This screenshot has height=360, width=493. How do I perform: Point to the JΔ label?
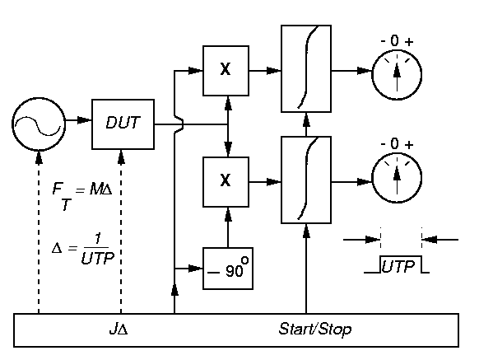pyautogui.click(x=119, y=330)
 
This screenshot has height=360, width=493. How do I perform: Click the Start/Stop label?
pyautogui.click(x=315, y=330)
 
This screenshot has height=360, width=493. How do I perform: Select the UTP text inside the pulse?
pyautogui.click(x=398, y=267)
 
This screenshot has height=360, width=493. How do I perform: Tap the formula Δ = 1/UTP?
pyautogui.click(x=83, y=250)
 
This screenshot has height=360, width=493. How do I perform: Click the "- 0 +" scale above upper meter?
pyautogui.click(x=397, y=41)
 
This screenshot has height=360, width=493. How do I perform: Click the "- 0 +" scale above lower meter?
pyautogui.click(x=397, y=144)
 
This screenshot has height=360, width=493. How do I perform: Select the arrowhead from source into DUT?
pyautogui.click(x=84, y=120)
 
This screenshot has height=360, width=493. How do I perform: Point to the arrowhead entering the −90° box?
pyautogui.click(x=196, y=269)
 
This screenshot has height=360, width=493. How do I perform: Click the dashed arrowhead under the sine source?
pyautogui.click(x=39, y=157)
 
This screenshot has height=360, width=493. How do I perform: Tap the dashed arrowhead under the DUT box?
pyautogui.click(x=121, y=157)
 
